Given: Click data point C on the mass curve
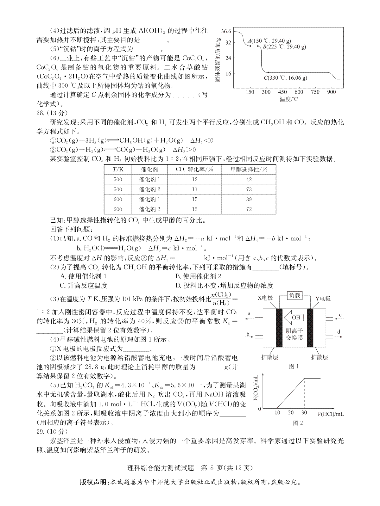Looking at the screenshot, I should click(268, 73).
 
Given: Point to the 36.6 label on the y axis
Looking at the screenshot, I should click(226, 31).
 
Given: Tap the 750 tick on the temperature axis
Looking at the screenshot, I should click(315, 92).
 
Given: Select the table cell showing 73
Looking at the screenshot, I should click(249, 189).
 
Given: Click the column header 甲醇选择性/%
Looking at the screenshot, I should click(249, 170).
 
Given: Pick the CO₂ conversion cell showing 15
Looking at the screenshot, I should click(194, 199).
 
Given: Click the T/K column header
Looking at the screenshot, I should click(117, 170).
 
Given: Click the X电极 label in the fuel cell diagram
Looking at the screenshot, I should click(265, 299).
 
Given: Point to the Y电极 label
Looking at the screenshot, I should click(323, 299).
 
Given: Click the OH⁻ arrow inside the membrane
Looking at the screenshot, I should click(294, 317).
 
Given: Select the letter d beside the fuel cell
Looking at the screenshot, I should click(339, 332).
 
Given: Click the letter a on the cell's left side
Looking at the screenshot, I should click(249, 314).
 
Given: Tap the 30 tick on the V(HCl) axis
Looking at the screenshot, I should click(304, 412).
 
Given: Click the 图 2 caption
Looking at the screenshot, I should click(298, 423).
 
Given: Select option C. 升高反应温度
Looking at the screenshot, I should click(84, 286).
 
